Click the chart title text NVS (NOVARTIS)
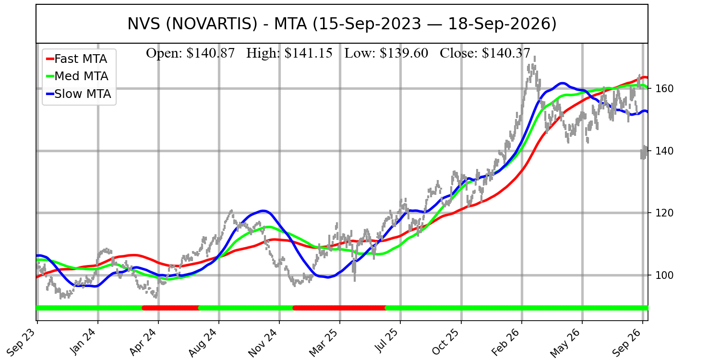[x=192, y=24]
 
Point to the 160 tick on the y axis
[x=664, y=88]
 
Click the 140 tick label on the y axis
[x=664, y=151]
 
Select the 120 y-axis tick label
[x=664, y=213]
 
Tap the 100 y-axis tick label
[x=664, y=275]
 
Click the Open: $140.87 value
[x=190, y=53]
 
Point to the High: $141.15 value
[x=289, y=53]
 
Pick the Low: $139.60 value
[x=386, y=53]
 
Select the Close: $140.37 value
[x=485, y=53]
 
